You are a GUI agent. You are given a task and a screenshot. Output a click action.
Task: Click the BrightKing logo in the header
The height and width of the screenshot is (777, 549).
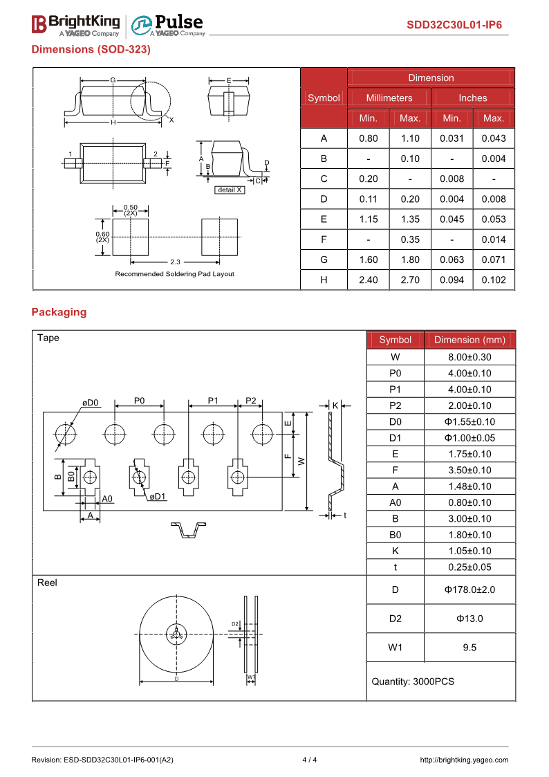pyautogui.click(x=75, y=25)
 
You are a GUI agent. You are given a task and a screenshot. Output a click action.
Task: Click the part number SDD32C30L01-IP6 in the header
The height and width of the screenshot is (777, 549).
pyautogui.click(x=454, y=26)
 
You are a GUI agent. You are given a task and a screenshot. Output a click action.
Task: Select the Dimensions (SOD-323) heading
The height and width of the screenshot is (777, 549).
pyautogui.click(x=91, y=50)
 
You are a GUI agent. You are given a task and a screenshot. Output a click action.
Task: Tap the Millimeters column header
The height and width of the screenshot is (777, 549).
pyautogui.click(x=389, y=98)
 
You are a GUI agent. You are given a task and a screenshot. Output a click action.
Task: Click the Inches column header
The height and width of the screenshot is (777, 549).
pyautogui.click(x=472, y=98)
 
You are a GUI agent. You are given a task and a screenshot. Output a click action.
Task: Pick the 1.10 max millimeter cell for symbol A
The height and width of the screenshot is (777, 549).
pyautogui.click(x=410, y=138)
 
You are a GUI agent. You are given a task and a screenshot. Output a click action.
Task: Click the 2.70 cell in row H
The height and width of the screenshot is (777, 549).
pyautogui.click(x=410, y=280)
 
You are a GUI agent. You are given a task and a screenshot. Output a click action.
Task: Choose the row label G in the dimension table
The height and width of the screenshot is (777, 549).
pyautogui.click(x=324, y=260)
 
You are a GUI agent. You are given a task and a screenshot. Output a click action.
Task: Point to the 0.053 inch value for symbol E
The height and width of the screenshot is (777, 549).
pyautogui.click(x=494, y=219)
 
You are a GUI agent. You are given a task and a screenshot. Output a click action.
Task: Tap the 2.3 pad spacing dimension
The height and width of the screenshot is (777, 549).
pyautogui.click(x=174, y=262)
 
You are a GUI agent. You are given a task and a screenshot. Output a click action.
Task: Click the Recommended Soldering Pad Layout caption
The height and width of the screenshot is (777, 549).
pyautogui.click(x=174, y=274)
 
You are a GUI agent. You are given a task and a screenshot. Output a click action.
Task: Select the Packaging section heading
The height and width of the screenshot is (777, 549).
pyautogui.click(x=59, y=312)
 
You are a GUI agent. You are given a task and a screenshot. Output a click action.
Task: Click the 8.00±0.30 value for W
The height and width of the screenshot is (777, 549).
pyautogui.click(x=469, y=357)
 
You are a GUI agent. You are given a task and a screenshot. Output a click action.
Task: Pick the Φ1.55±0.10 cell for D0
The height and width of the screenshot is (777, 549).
pyautogui.click(x=469, y=422)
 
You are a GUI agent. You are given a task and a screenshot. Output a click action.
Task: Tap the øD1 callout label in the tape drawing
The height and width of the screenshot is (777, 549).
pyautogui.click(x=158, y=496)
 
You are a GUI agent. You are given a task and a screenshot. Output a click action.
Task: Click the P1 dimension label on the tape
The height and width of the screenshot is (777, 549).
pyautogui.click(x=213, y=401)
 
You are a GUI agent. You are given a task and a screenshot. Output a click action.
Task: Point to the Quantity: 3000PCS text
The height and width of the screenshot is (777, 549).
pyautogui.click(x=413, y=682)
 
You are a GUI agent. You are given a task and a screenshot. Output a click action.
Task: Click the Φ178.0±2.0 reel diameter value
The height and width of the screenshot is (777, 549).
pyautogui.click(x=469, y=589)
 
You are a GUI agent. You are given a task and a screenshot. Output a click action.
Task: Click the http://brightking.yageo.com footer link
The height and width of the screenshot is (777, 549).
pyautogui.click(x=464, y=760)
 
